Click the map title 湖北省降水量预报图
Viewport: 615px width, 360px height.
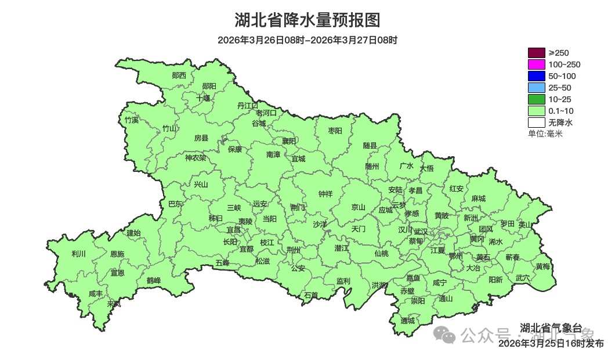click(307, 20)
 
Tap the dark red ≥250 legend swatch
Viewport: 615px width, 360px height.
click(536, 53)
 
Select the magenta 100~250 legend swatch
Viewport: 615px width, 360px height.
click(536, 64)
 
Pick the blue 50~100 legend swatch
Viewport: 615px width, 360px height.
click(536, 76)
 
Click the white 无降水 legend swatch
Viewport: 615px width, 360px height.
click(536, 123)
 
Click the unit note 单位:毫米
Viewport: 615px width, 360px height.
click(545, 134)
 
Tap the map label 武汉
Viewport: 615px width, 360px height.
click(421, 231)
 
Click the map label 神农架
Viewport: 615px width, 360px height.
click(196, 157)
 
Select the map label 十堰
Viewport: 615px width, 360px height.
click(203, 98)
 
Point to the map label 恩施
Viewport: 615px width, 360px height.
click(117, 254)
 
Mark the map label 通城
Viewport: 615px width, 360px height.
click(408, 321)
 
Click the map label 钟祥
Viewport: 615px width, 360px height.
click(325, 194)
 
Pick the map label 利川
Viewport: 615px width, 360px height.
click(78, 254)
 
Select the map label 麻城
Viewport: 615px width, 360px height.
click(478, 199)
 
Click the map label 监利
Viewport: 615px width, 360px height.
click(343, 281)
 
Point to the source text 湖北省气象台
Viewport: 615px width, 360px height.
click(551, 327)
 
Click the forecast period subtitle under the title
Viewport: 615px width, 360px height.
click(307, 40)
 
